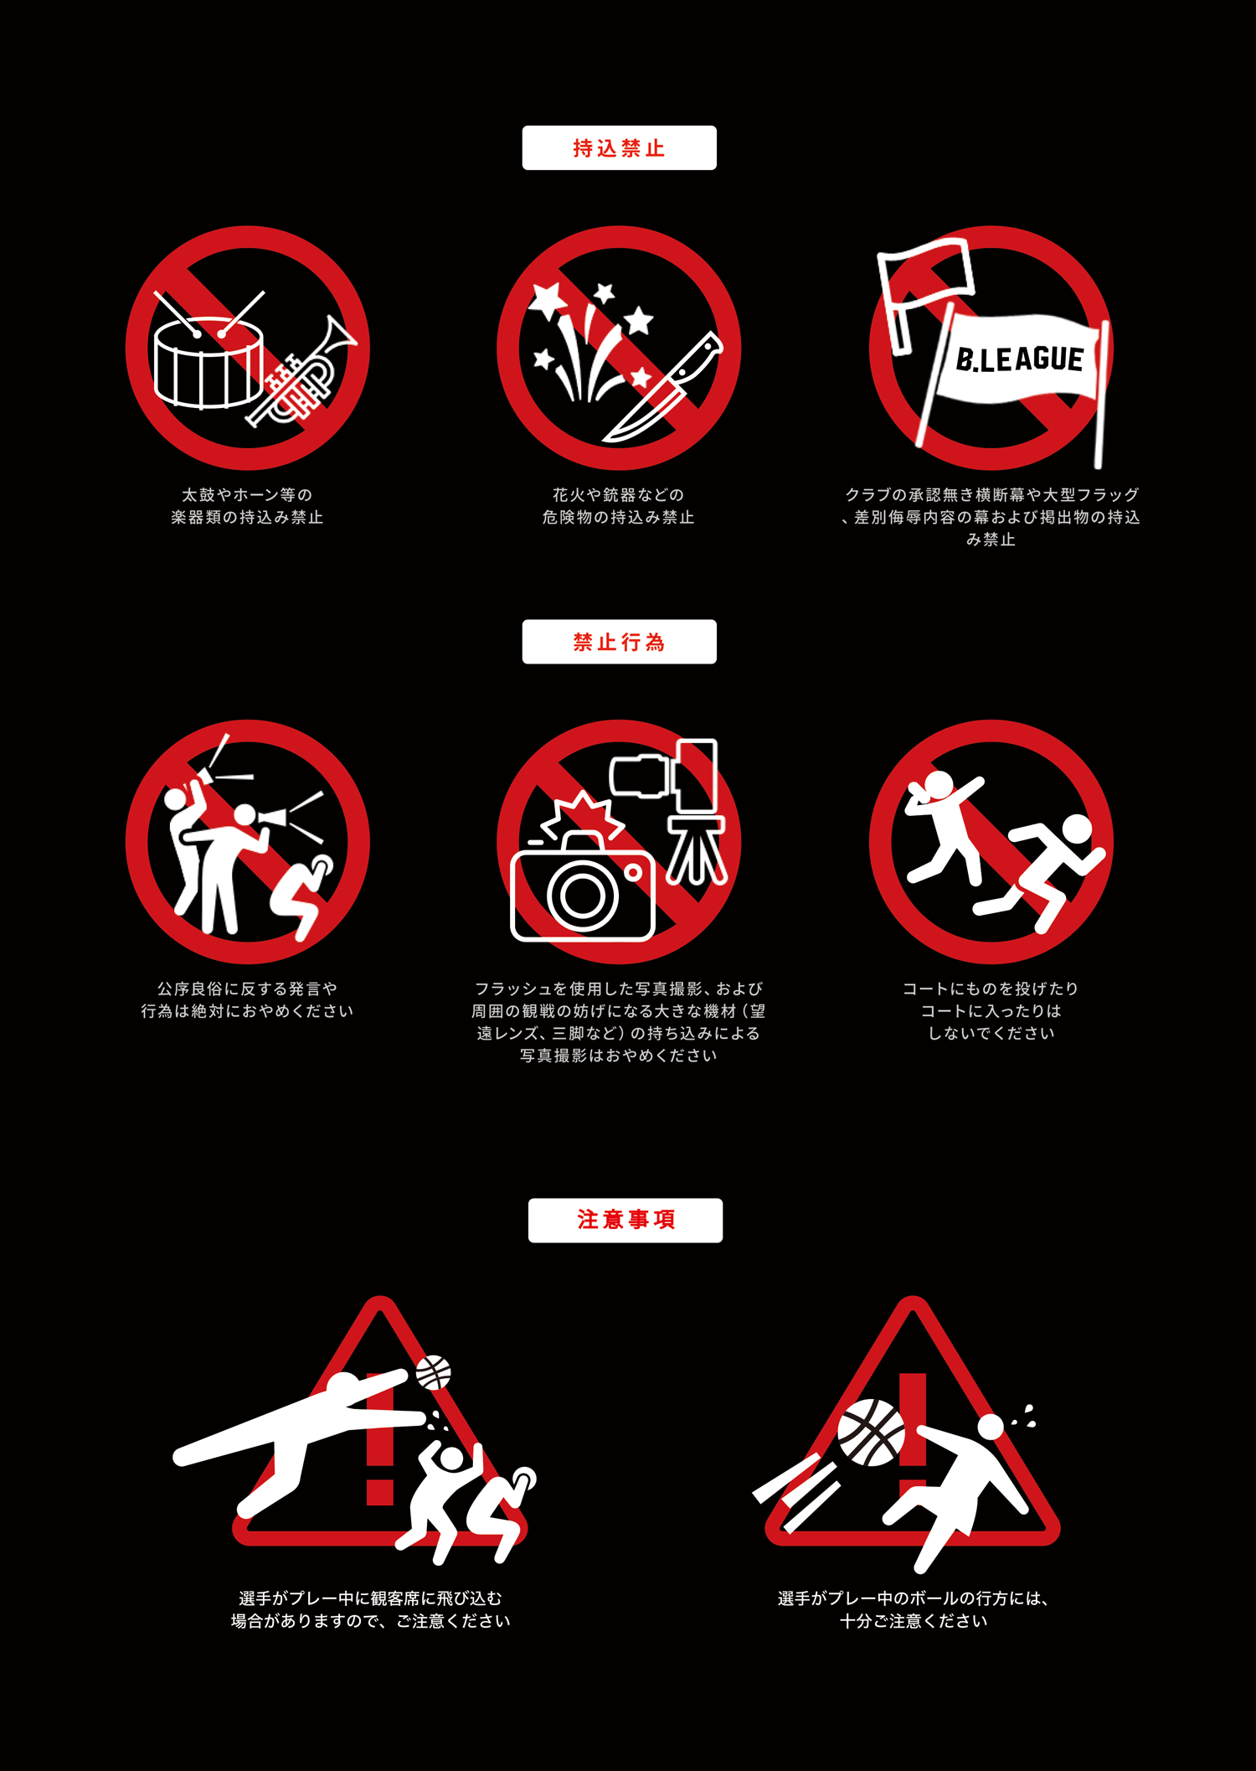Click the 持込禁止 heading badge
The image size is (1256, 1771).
(x=619, y=148)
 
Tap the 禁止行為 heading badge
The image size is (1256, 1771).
(x=619, y=642)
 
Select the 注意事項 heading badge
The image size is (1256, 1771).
(x=625, y=1220)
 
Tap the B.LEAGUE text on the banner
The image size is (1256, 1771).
(x=1020, y=359)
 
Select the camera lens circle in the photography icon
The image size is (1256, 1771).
(x=582, y=895)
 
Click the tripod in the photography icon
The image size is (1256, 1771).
(x=697, y=850)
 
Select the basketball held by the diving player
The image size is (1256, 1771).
(x=434, y=1372)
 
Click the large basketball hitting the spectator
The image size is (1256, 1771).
(x=872, y=1433)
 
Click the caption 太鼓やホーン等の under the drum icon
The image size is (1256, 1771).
(x=247, y=495)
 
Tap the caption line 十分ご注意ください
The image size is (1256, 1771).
(x=914, y=1621)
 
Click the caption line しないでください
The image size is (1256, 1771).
(x=991, y=1033)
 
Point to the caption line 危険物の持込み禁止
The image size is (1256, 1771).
(x=619, y=518)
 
